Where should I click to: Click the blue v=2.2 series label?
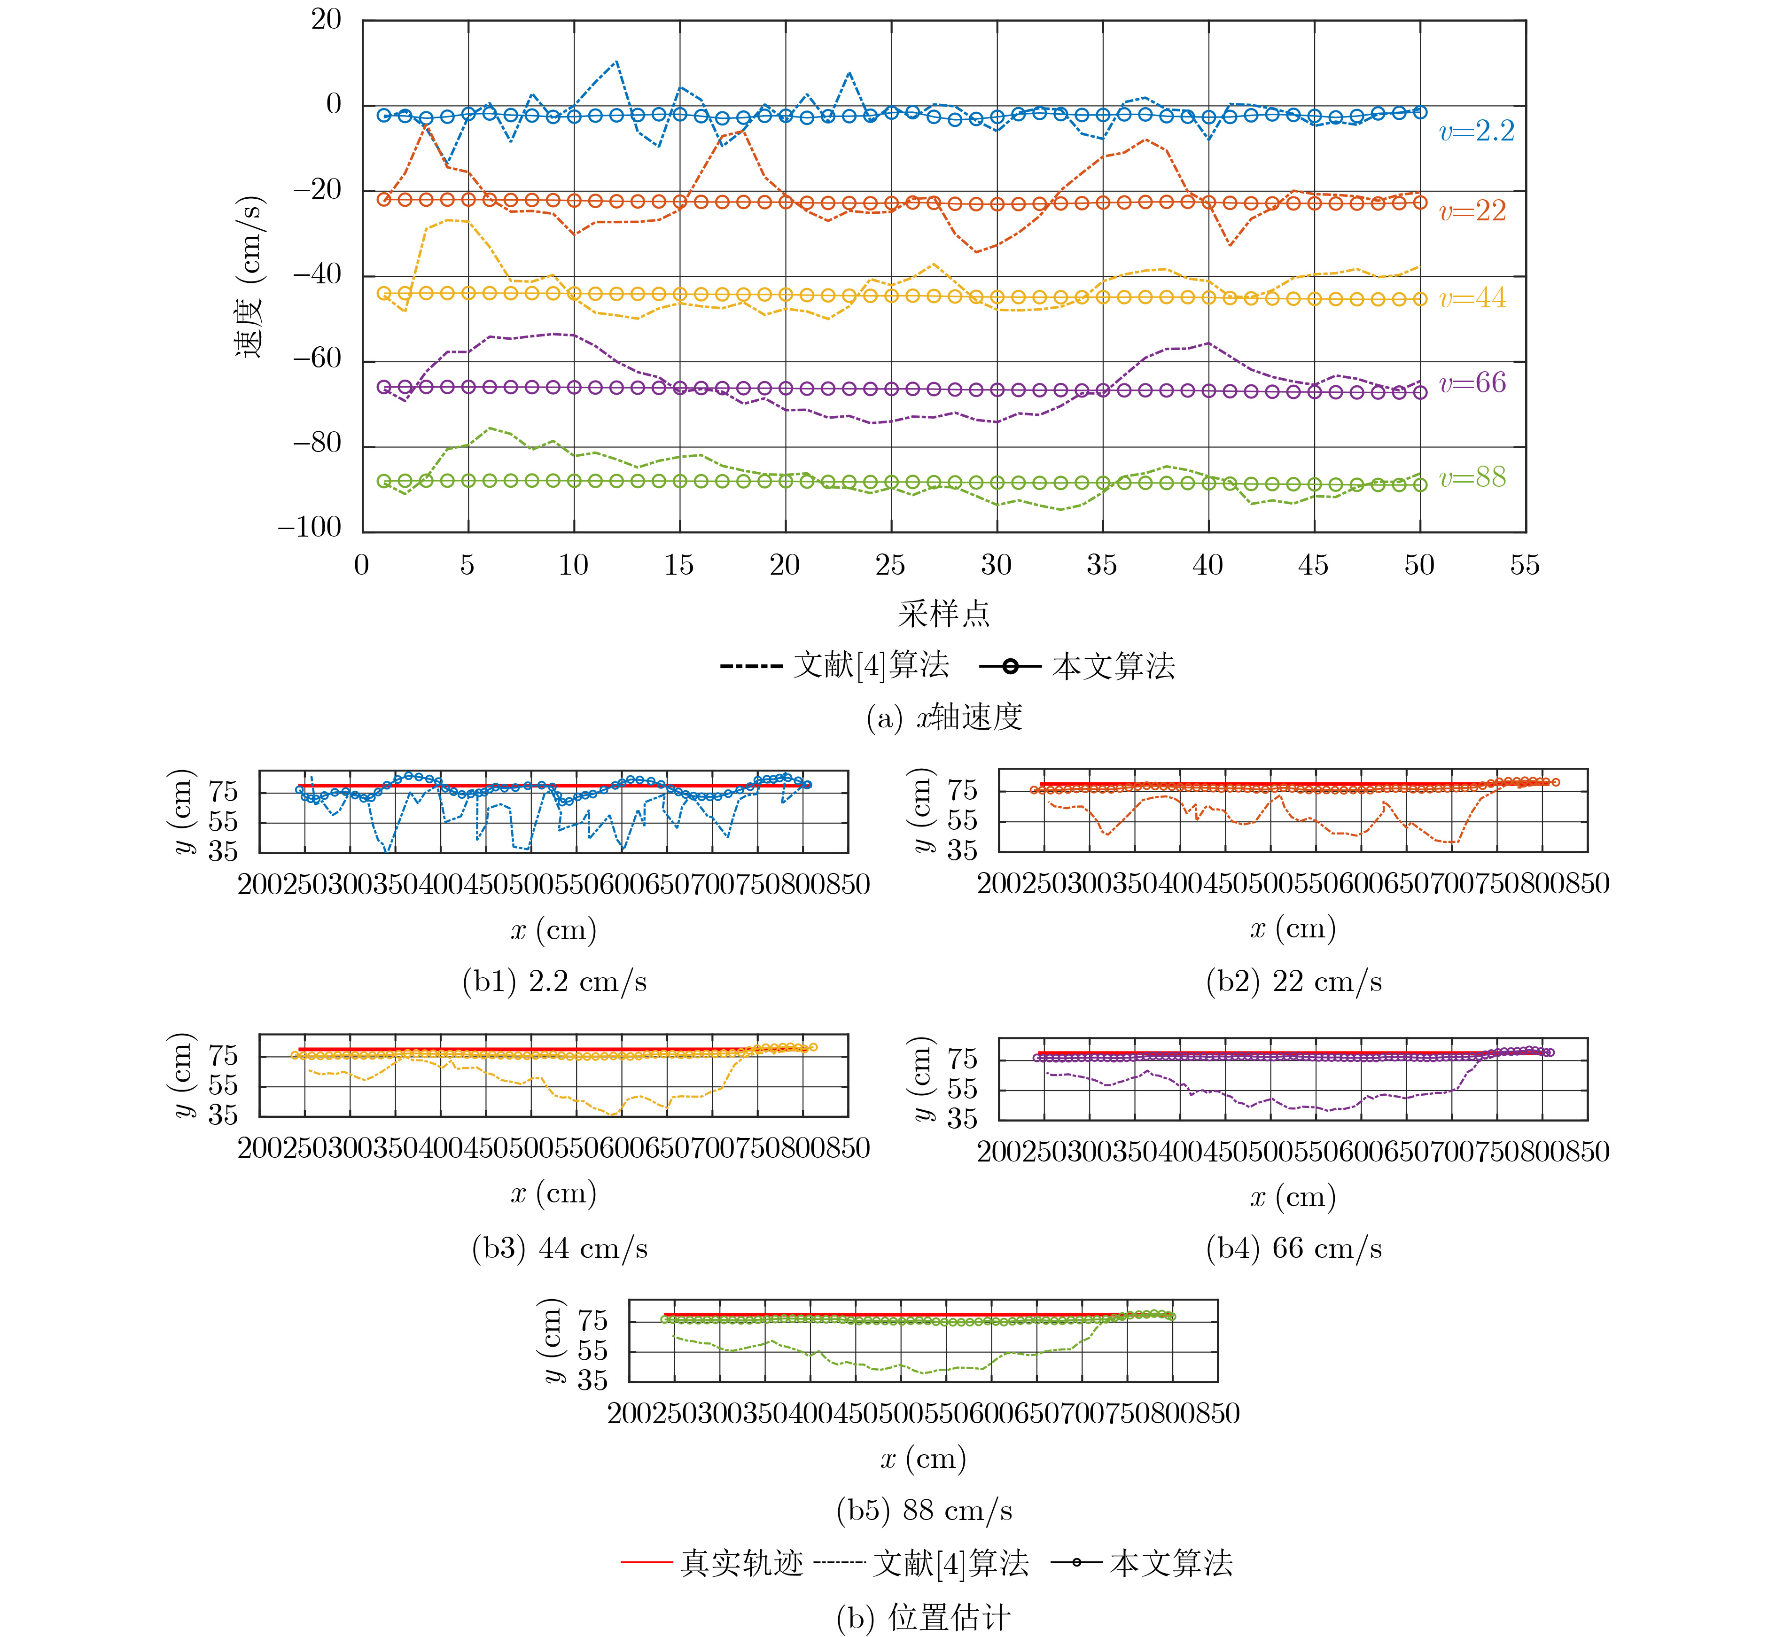(x=1477, y=132)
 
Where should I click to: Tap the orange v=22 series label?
(x=1472, y=212)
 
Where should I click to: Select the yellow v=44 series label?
(x=1472, y=298)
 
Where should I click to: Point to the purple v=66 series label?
(x=1472, y=383)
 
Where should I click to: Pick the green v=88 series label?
(x=1472, y=478)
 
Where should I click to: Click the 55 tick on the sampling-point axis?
(x=1525, y=565)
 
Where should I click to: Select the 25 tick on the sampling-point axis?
(x=890, y=565)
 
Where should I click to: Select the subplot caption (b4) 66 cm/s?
(x=1293, y=1248)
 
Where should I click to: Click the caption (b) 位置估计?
(x=924, y=1618)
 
